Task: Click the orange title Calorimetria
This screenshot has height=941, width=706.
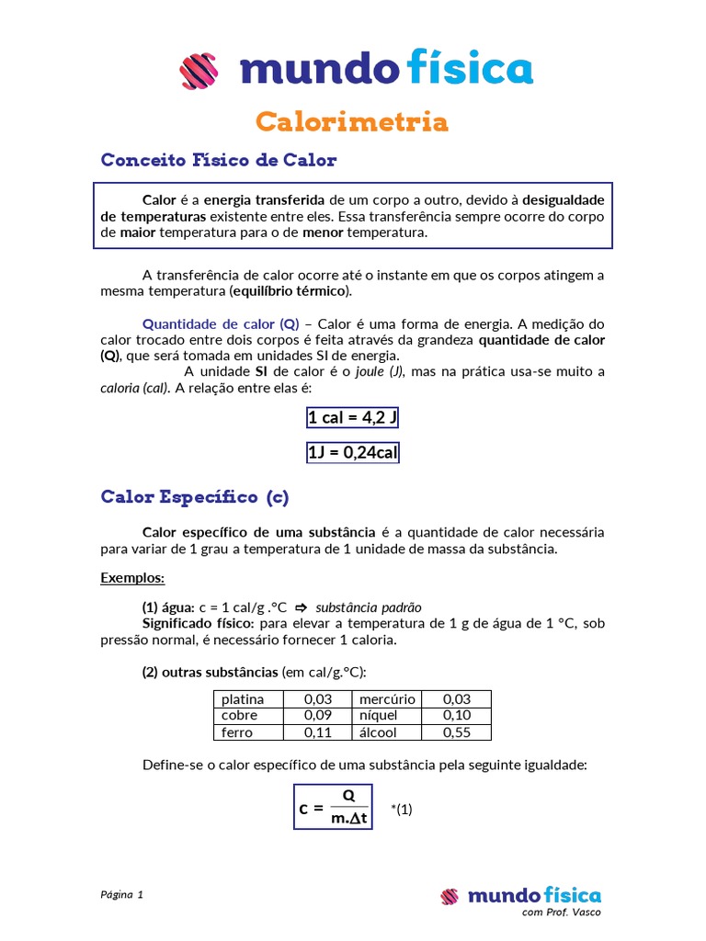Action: pyautogui.click(x=352, y=121)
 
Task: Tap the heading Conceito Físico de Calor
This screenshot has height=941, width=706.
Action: pyautogui.click(x=219, y=161)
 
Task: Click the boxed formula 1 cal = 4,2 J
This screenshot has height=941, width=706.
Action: pyautogui.click(x=353, y=418)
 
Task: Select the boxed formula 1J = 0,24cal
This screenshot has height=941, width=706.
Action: pyautogui.click(x=353, y=452)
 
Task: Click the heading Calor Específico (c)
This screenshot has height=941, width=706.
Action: pyautogui.click(x=195, y=497)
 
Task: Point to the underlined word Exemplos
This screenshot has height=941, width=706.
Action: pyautogui.click(x=132, y=578)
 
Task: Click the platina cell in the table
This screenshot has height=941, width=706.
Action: pyautogui.click(x=242, y=699)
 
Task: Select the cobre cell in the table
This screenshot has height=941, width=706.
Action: pyautogui.click(x=239, y=715)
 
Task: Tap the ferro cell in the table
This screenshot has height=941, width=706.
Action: pyautogui.click(x=236, y=732)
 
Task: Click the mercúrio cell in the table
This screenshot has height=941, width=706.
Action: pyautogui.click(x=387, y=699)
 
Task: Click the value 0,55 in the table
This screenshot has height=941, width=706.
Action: pyautogui.click(x=457, y=732)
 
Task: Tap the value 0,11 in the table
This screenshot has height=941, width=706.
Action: pyautogui.click(x=318, y=732)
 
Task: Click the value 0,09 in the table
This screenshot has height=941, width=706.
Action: pyautogui.click(x=318, y=715)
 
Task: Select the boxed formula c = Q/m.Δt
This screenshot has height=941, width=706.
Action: pyautogui.click(x=333, y=807)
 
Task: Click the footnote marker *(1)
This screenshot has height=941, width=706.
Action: pyautogui.click(x=402, y=810)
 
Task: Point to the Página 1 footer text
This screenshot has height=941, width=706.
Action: pyautogui.click(x=121, y=894)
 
